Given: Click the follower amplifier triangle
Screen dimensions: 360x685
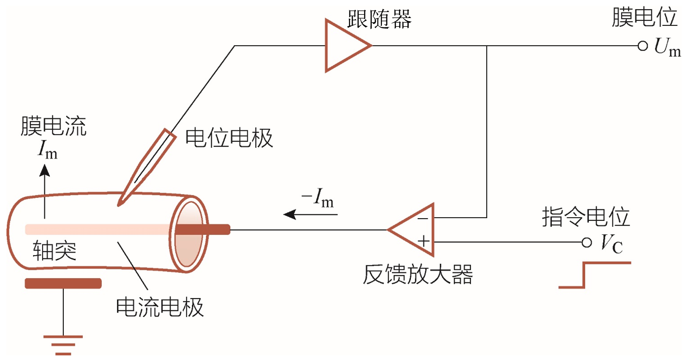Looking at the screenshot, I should click(x=344, y=45).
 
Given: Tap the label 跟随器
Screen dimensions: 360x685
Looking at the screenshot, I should click(x=379, y=20).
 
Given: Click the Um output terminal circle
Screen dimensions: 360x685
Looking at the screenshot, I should click(x=642, y=46).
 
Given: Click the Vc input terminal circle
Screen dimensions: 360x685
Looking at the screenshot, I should click(x=587, y=242).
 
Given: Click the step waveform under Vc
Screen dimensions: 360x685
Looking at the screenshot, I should click(x=593, y=275).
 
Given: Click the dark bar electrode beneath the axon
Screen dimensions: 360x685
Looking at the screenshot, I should click(x=63, y=283).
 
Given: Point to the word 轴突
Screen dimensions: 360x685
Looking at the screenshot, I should click(x=55, y=252).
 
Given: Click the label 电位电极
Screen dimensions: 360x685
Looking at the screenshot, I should click(x=229, y=138).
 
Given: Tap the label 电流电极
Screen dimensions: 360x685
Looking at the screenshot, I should click(x=159, y=306).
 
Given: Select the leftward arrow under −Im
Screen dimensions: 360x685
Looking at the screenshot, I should click(x=310, y=214).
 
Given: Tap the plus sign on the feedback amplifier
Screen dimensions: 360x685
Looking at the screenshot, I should click(x=422, y=241).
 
